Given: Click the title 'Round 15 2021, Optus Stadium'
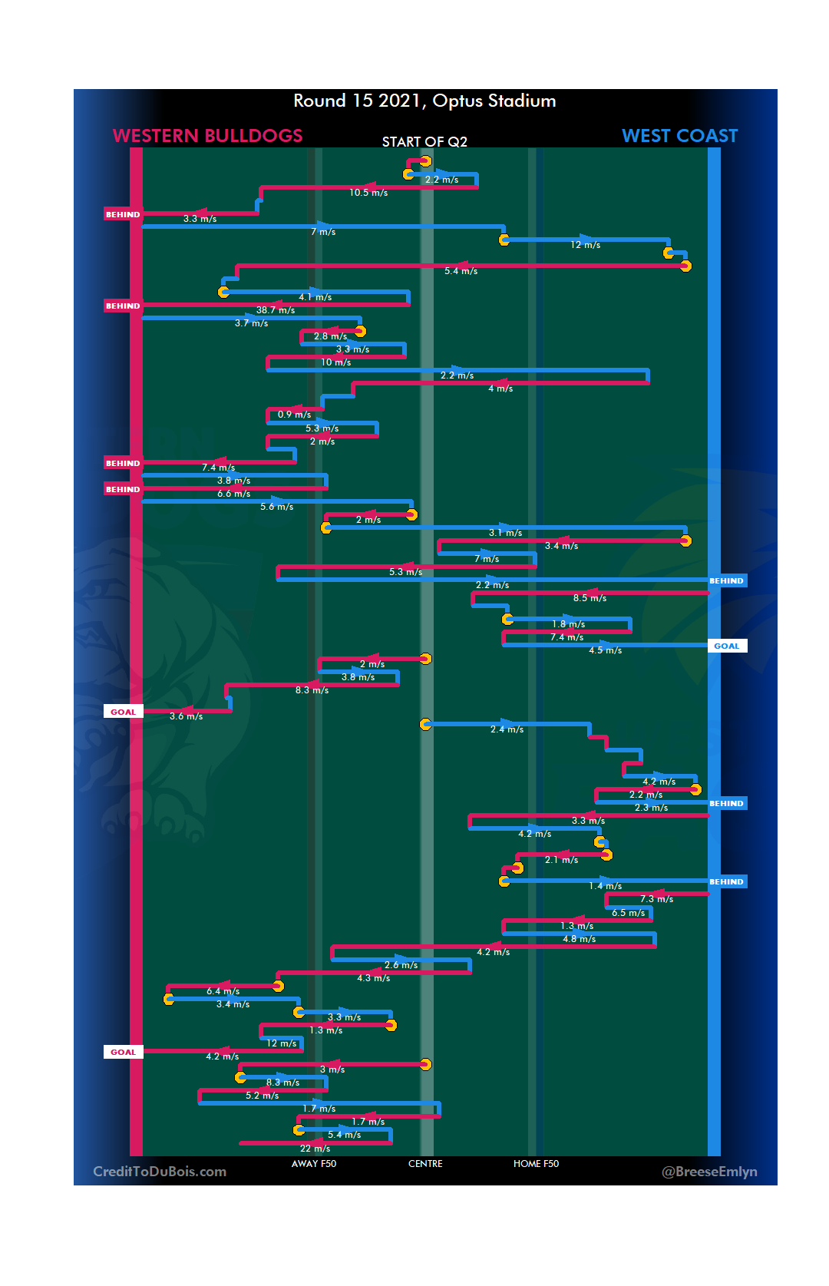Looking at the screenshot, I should click(x=424, y=101).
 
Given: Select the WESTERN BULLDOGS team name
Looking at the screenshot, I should click(x=207, y=136).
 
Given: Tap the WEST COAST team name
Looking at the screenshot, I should click(x=679, y=136).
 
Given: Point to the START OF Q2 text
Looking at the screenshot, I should click(x=424, y=142).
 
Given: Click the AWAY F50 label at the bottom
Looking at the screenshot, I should click(x=313, y=1164).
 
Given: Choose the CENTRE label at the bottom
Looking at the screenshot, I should click(x=425, y=1164).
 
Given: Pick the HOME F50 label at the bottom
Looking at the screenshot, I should click(x=536, y=1164).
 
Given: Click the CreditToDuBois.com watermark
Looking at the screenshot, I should click(x=160, y=1172).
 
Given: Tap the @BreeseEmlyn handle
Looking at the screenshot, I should click(x=709, y=1172).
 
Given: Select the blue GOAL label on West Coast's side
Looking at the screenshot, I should click(x=726, y=646).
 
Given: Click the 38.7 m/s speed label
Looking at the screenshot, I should click(x=276, y=310).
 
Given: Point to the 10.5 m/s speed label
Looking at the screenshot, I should click(x=368, y=193).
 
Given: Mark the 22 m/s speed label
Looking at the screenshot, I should click(x=315, y=1149).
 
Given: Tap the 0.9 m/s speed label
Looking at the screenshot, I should click(x=294, y=415).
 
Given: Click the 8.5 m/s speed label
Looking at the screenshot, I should click(x=590, y=598).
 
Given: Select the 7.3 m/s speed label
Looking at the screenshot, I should click(x=656, y=899).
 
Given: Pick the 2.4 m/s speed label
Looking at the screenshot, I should click(x=507, y=729).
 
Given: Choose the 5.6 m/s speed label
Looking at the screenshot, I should click(x=276, y=507).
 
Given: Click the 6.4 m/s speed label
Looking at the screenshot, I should click(x=223, y=991).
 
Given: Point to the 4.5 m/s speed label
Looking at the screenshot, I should click(x=605, y=650).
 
